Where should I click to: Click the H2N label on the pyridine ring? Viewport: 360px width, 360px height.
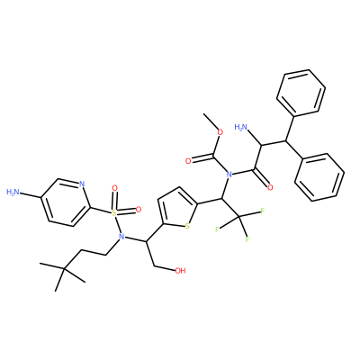13,192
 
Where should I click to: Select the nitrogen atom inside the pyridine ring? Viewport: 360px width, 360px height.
82,184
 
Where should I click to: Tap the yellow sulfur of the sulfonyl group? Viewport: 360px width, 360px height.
113,213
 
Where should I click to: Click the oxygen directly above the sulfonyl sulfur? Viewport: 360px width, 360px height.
114,188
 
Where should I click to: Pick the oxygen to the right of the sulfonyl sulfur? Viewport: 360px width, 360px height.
138,209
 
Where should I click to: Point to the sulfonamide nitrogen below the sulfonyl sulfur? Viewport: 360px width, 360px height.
121,237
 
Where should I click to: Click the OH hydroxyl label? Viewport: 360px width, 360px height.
180,271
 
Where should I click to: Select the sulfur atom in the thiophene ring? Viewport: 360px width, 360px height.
187,226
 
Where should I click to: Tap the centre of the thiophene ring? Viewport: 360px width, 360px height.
177,209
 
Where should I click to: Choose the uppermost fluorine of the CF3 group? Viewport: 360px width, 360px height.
263,211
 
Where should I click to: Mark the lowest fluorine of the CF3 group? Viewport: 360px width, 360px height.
247,239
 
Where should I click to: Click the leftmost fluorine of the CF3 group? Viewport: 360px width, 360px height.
217,229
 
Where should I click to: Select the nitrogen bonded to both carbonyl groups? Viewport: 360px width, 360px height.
229,174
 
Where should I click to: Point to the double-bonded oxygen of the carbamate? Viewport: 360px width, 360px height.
188,161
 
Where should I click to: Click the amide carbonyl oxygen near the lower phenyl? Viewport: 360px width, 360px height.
270,188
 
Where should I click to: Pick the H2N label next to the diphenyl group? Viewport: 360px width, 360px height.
241,127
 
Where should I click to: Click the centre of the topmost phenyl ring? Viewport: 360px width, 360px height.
301,93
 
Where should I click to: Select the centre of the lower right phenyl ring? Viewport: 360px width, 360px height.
319,177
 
